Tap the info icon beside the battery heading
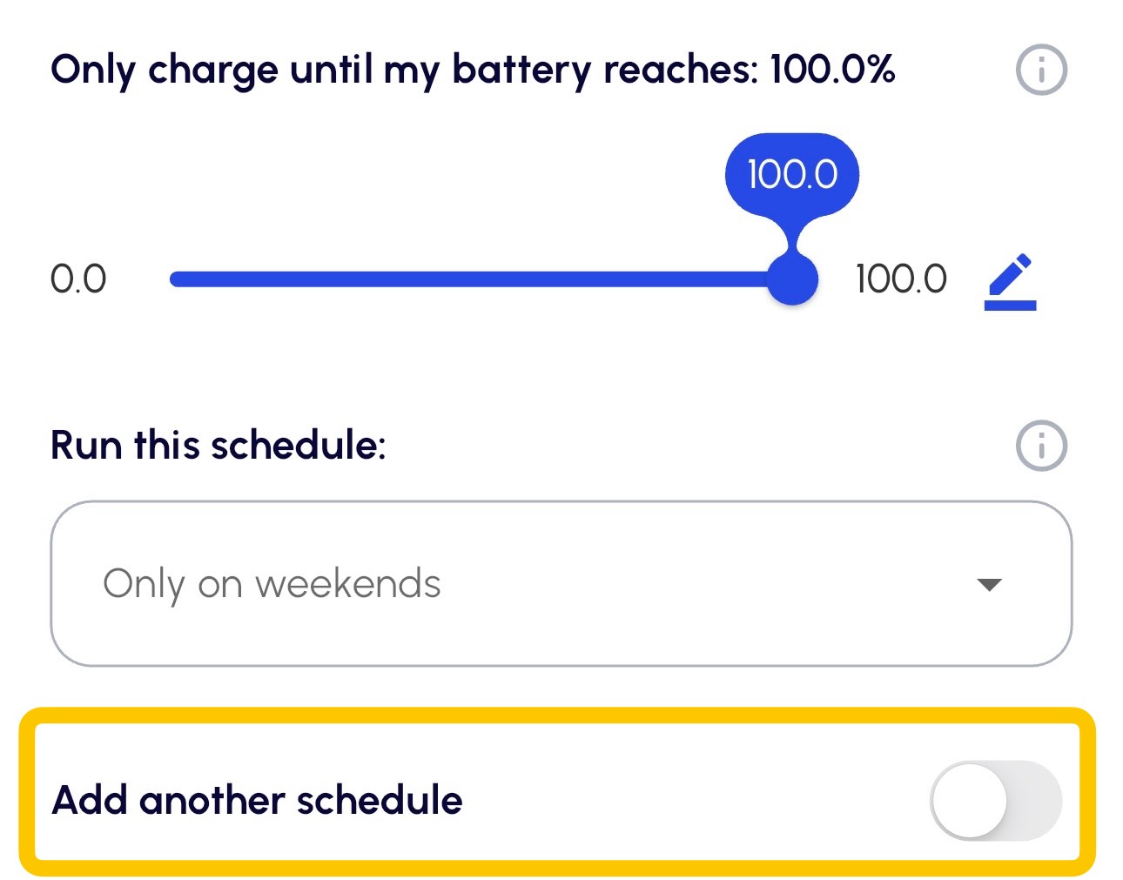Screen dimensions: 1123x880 pos(1041,70)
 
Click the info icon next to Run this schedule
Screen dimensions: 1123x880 pos(1041,445)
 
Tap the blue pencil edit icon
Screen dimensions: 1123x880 pos(1010,282)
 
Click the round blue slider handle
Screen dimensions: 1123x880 pos(792,279)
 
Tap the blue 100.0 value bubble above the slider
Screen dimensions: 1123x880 pos(792,174)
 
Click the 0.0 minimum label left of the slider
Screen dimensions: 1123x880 pos(78,279)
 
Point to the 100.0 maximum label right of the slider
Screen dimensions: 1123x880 pos(901,279)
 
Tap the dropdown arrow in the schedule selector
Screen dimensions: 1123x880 pos(989,584)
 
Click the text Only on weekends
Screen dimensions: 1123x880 pos(272,584)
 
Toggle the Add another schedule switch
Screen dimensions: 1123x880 pos(996,800)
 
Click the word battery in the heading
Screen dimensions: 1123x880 pos(522,71)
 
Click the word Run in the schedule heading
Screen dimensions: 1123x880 pos(87,445)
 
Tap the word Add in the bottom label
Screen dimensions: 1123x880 pos(90,800)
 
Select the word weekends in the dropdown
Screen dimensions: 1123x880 pos(348,583)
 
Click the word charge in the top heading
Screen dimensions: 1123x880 pos(213,71)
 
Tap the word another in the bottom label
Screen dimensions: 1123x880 pos(212,800)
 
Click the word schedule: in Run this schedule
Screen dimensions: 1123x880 pos(299,445)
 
